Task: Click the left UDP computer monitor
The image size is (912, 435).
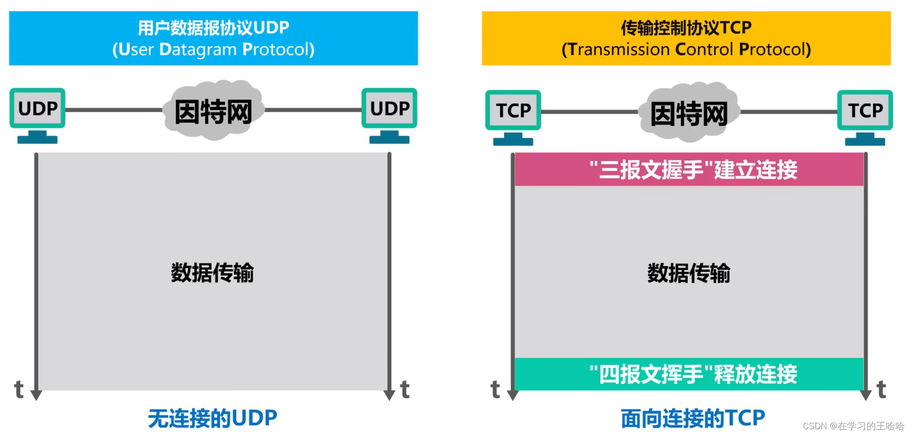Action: coord(38,109)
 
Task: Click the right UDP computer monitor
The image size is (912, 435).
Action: coord(389,109)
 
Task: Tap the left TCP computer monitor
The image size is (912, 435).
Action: coord(513,111)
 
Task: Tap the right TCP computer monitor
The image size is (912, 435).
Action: coord(865,111)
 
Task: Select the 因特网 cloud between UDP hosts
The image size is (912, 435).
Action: coord(213,112)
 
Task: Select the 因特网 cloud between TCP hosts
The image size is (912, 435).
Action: coord(689,113)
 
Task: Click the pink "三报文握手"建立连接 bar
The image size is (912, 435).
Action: coord(689,170)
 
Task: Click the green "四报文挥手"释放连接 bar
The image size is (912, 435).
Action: coord(689,374)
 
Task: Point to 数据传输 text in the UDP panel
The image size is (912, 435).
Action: coord(212,273)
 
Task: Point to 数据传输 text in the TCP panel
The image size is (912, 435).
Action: coord(688,273)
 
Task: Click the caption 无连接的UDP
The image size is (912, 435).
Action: coord(212,418)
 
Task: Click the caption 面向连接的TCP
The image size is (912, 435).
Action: coord(693,418)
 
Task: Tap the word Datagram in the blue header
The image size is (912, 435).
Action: coord(198,50)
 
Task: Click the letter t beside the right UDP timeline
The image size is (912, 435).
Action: coord(405,389)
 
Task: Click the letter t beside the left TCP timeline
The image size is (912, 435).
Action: coord(495,389)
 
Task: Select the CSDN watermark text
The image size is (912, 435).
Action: coord(853,426)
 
